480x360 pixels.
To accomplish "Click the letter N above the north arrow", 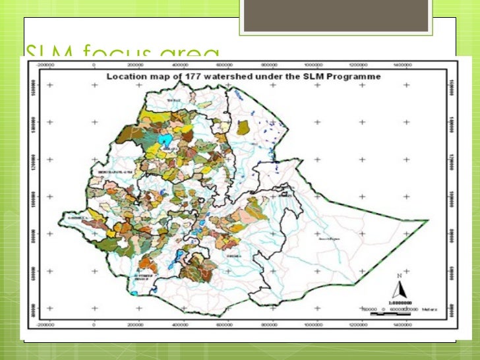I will [x=399, y=276].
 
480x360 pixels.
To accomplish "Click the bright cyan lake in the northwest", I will [x=169, y=140].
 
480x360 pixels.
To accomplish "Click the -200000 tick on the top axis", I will [x=45, y=66].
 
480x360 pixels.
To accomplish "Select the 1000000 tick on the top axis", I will [x=315, y=66].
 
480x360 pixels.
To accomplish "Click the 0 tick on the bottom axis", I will [x=95, y=325].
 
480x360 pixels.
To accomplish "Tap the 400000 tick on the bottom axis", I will [x=181, y=325].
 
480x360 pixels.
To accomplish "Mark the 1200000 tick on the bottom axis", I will [x=359, y=325].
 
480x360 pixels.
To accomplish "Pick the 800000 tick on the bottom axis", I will [x=270, y=325].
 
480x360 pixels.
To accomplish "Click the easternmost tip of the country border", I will [x=429, y=220].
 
